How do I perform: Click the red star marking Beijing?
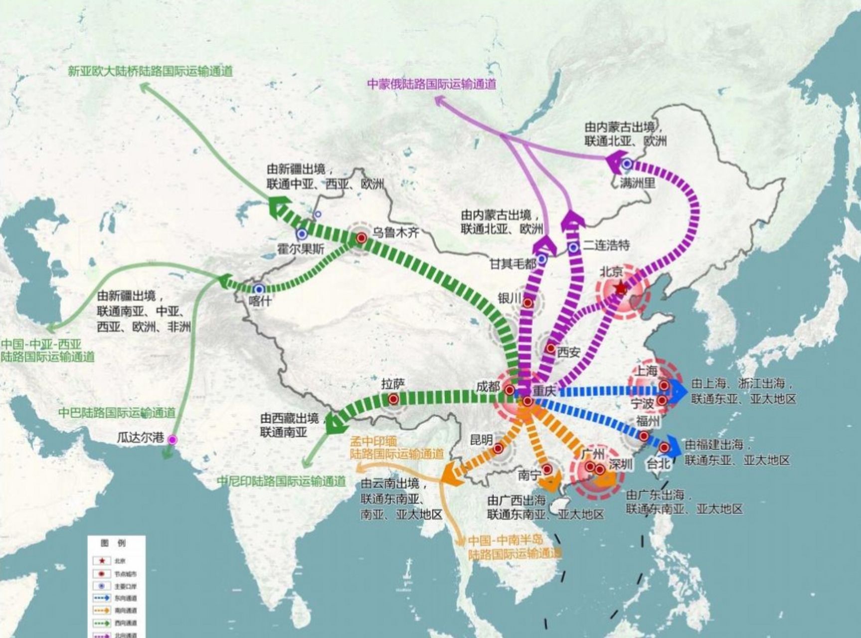pyautogui.click(x=621, y=289)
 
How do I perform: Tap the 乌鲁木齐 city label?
pyautogui.click(x=396, y=232)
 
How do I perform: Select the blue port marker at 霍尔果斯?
pyautogui.click(x=302, y=234)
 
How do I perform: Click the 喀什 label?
pyautogui.click(x=260, y=301)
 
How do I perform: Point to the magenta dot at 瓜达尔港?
pyautogui.click(x=172, y=440)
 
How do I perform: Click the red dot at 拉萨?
pyautogui.click(x=393, y=399)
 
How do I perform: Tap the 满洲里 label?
pyautogui.click(x=637, y=183)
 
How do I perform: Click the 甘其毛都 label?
pyautogui.click(x=513, y=263)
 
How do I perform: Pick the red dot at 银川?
pyautogui.click(x=528, y=303)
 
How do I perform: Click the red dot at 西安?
pyautogui.click(x=550, y=348)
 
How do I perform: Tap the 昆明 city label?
pyautogui.click(x=482, y=440)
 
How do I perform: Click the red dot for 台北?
pyautogui.click(x=664, y=448)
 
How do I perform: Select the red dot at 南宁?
pyautogui.click(x=547, y=469)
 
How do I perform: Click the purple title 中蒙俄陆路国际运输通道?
pyautogui.click(x=432, y=84)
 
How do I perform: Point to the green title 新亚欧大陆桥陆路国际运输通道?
pyautogui.click(x=150, y=71)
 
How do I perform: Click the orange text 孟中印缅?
pyautogui.click(x=370, y=442)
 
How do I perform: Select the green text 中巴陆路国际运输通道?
pyautogui.click(x=117, y=413)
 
